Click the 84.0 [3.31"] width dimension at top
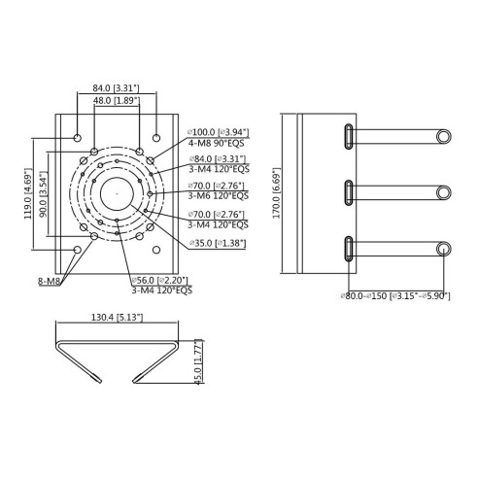(x=116, y=87)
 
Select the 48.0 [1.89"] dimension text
(x=117, y=100)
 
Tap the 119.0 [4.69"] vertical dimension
(x=28, y=193)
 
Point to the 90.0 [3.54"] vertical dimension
(x=43, y=193)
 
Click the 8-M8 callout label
(x=50, y=281)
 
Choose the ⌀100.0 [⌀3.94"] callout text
(x=219, y=132)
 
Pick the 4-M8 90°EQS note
(x=216, y=143)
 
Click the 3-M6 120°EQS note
(x=219, y=196)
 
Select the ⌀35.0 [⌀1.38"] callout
(x=218, y=243)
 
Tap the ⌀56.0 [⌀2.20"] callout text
(x=160, y=280)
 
